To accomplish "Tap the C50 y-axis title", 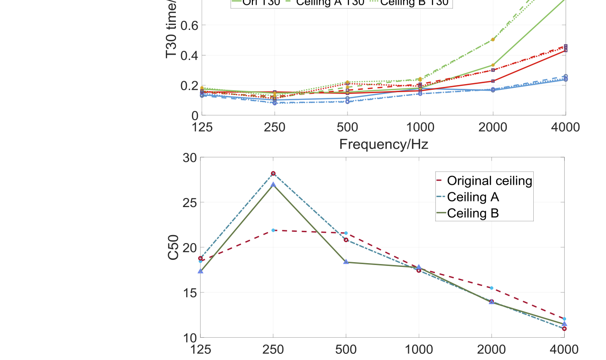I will pos(174,247).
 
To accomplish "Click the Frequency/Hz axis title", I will pos(384,144).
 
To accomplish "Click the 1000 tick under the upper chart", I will pos(420,127).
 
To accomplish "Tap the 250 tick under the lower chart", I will pos(273,350).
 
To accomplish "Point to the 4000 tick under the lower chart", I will pos(564,350).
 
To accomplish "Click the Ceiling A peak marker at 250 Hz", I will pos(273,174).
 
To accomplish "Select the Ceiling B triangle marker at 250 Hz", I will pos(273,184).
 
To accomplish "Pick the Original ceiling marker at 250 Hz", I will pos(273,230).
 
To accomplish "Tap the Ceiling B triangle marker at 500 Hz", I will pos(346,262).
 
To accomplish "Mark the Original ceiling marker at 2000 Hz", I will pos(491,288).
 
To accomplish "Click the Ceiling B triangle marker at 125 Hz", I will pos(201,271).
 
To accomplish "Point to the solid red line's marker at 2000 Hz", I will pos(493,81).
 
